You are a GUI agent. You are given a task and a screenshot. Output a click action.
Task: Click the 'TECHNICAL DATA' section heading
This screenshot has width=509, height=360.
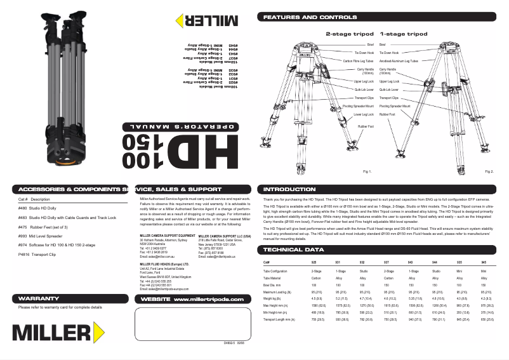293,250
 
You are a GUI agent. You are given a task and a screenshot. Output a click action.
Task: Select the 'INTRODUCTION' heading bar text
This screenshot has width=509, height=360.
289,189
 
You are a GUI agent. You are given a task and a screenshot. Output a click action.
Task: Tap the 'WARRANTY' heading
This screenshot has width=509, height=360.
39,280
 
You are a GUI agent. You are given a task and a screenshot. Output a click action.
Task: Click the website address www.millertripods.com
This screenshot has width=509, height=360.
208,281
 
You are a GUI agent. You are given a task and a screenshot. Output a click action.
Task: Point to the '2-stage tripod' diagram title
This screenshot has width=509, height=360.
350,33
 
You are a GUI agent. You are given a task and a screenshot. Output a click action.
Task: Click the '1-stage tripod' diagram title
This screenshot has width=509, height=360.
404,33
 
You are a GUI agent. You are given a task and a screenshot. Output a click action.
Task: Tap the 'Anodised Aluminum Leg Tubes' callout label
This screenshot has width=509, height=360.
399,61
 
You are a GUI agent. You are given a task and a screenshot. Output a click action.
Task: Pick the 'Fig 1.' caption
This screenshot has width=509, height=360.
366,171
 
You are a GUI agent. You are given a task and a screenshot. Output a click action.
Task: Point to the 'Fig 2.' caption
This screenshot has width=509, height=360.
489,171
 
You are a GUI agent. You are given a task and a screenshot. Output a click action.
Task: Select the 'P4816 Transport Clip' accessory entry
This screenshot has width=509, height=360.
37,253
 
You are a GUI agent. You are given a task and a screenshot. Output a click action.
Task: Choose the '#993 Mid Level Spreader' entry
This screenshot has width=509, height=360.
40,235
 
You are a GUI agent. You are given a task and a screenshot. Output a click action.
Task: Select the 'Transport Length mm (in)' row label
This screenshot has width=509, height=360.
279,319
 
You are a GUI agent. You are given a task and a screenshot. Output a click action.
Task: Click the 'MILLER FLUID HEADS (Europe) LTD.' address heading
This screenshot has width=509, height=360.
164,263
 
